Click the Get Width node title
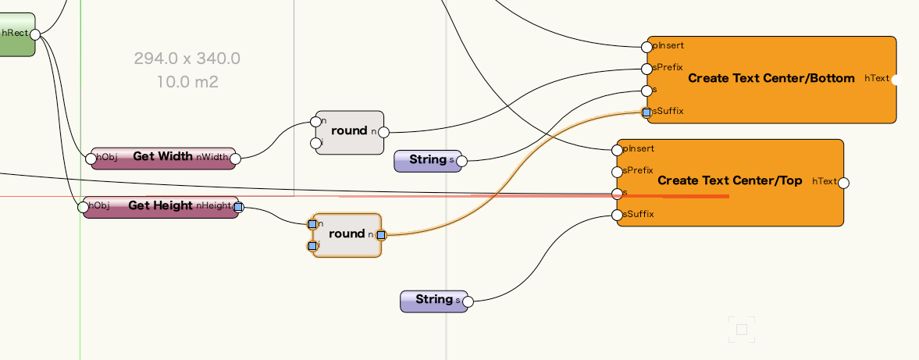click(162, 157)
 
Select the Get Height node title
click(160, 206)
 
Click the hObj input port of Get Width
click(91, 158)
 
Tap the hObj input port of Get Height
click(84, 207)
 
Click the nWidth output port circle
click(235, 159)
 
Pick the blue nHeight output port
click(238, 207)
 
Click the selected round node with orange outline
click(347, 234)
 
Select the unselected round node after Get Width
click(349, 131)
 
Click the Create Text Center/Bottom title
click(771, 79)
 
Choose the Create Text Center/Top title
click(729, 181)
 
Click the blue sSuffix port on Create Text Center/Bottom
click(647, 112)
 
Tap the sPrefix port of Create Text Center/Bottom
click(647, 69)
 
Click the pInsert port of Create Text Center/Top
click(617, 150)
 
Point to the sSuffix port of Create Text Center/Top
click(617, 215)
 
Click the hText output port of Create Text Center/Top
click(843, 183)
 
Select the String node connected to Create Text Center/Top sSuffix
click(433, 301)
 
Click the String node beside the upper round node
click(427, 161)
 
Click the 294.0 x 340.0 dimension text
click(187, 59)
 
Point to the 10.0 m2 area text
click(187, 82)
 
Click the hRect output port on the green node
click(35, 34)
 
